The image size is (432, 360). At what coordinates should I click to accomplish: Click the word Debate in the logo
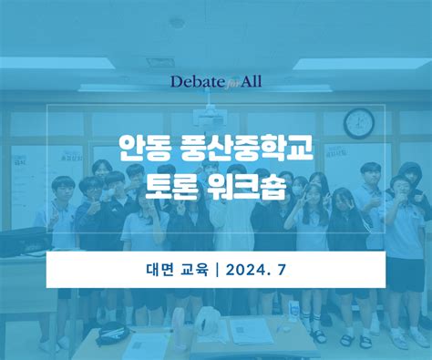195,82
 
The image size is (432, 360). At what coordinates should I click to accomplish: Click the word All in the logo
250,82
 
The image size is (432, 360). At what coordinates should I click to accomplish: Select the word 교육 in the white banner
194,270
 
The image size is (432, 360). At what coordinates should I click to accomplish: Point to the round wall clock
359,121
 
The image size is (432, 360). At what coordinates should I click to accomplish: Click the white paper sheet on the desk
251,331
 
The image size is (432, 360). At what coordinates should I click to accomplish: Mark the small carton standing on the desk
292,310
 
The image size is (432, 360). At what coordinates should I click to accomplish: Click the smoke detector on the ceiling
177,22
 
